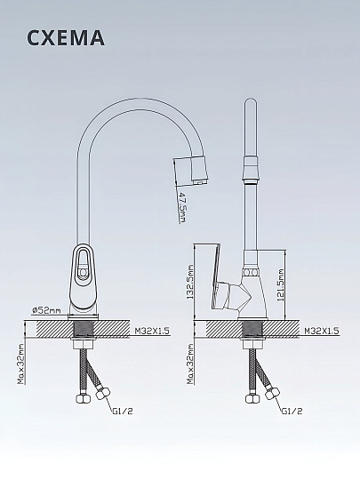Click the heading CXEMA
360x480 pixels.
coord(66,37)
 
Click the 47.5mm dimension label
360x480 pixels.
coord(182,207)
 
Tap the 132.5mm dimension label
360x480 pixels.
coord(190,282)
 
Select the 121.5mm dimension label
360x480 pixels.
coord(281,285)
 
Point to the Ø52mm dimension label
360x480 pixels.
coord(46,310)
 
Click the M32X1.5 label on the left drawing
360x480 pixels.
coord(152,331)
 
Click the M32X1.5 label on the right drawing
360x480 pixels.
coord(322,331)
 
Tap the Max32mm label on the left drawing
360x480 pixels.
coord(20,364)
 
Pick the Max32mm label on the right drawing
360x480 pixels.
coord(190,364)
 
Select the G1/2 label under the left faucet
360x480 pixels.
coord(123,412)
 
